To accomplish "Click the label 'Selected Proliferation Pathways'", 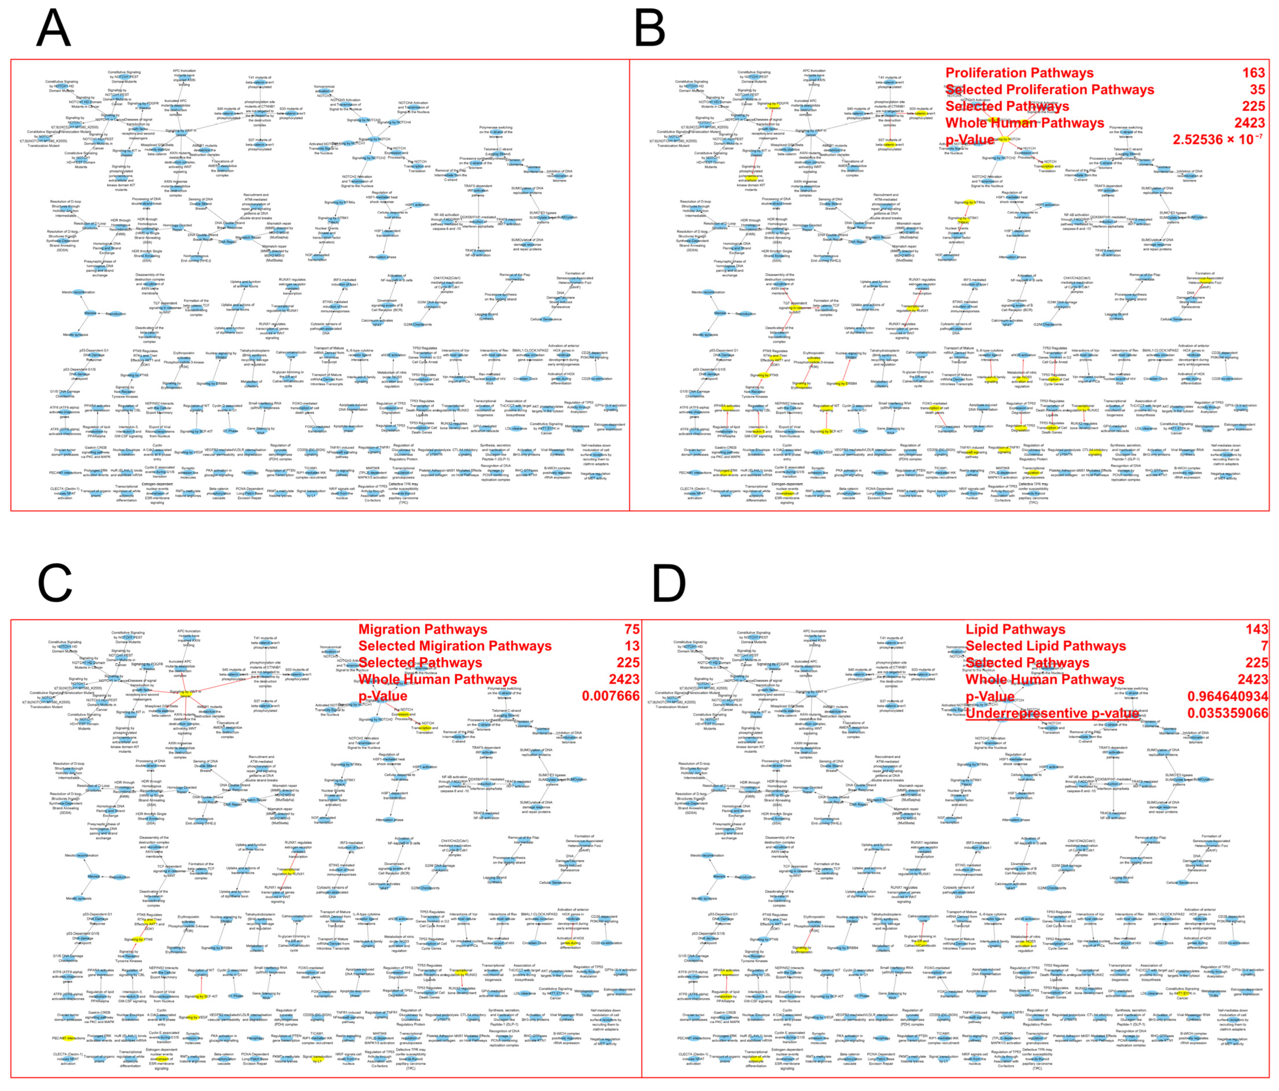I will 1049,90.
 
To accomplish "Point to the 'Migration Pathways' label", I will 422,629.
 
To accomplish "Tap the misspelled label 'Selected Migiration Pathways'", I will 455,646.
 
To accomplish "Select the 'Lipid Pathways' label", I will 1015,629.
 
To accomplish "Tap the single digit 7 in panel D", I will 1264,646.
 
